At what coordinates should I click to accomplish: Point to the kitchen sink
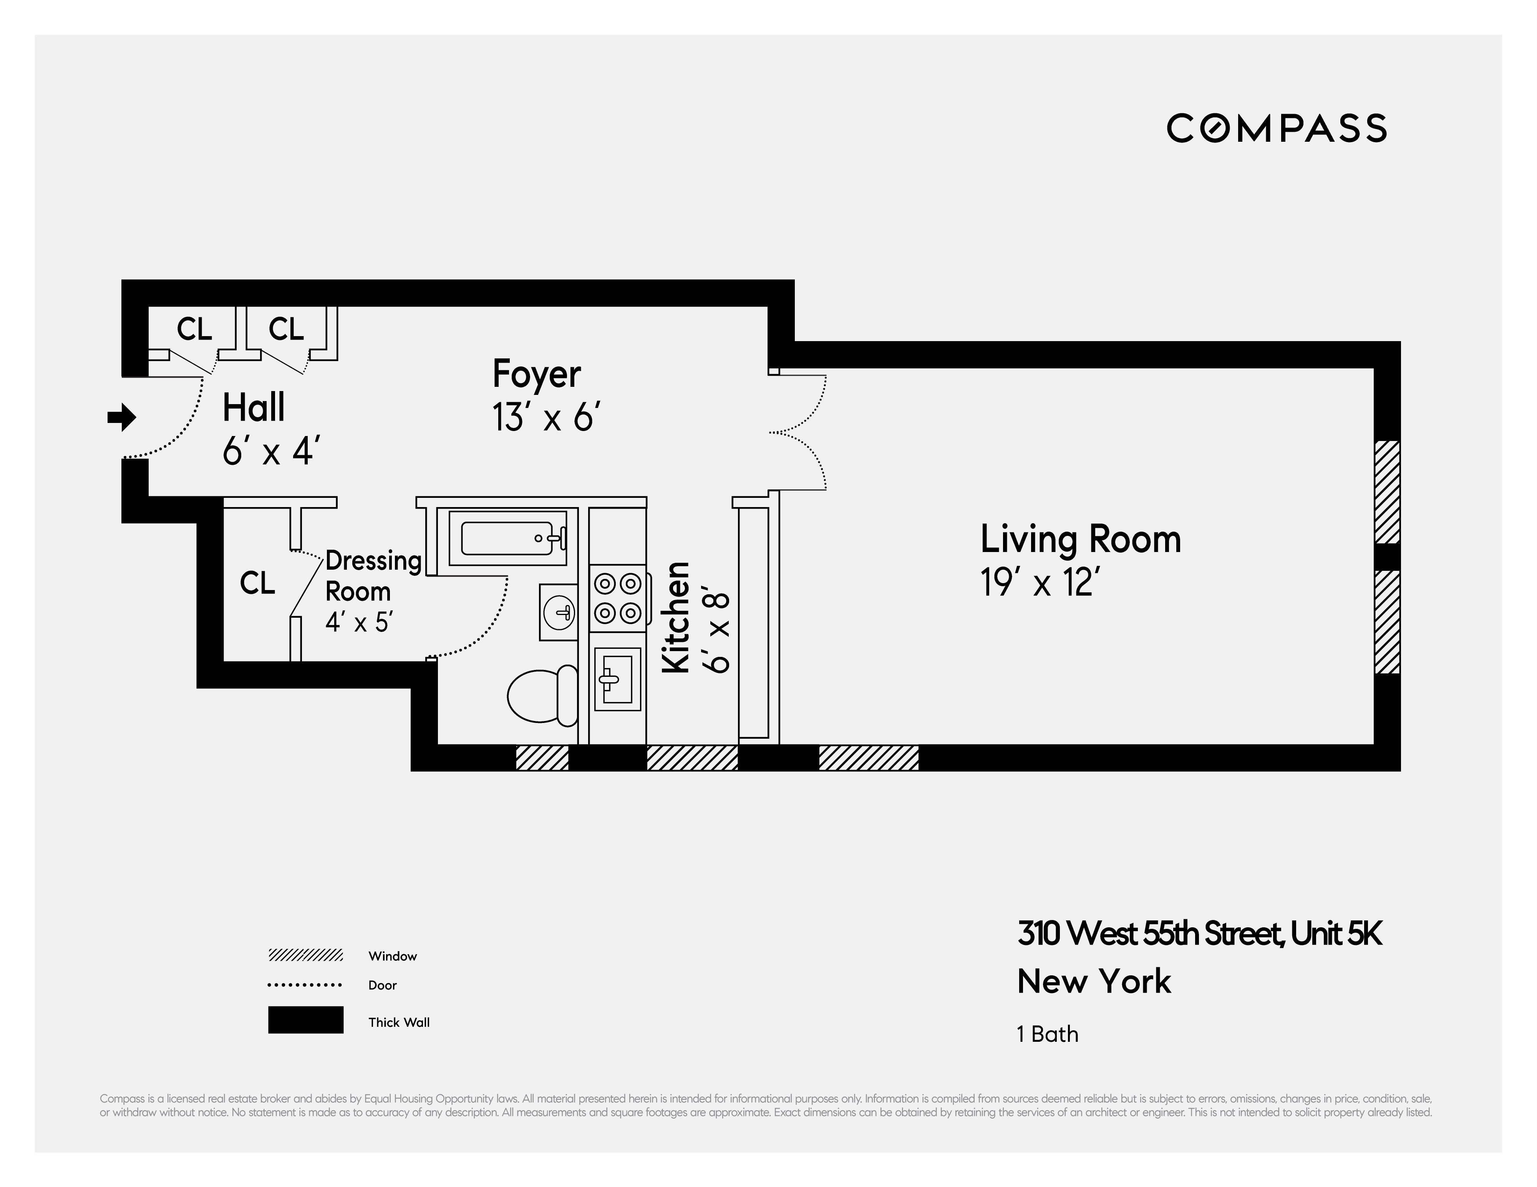point(618,678)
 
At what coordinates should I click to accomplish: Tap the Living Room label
point(1080,540)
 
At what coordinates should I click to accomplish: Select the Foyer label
point(536,374)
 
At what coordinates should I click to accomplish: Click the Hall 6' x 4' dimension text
point(272,452)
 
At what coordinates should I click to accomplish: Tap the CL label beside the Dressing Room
point(257,583)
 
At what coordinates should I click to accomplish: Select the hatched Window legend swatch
point(305,955)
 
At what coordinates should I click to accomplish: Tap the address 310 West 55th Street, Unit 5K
point(1199,934)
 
